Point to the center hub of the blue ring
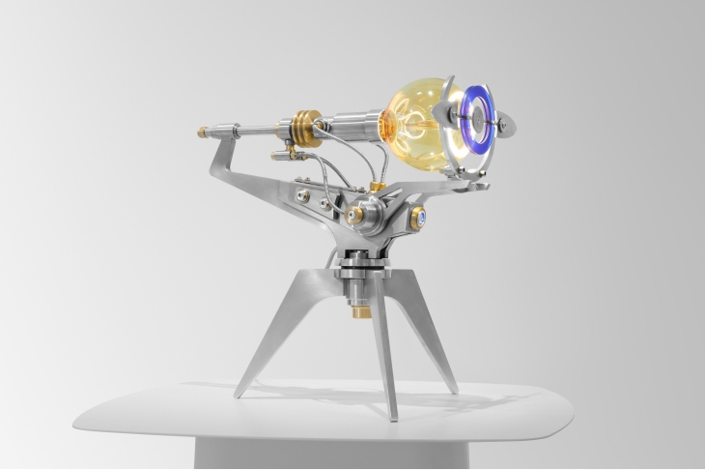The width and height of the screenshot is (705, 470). pos(480,123)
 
